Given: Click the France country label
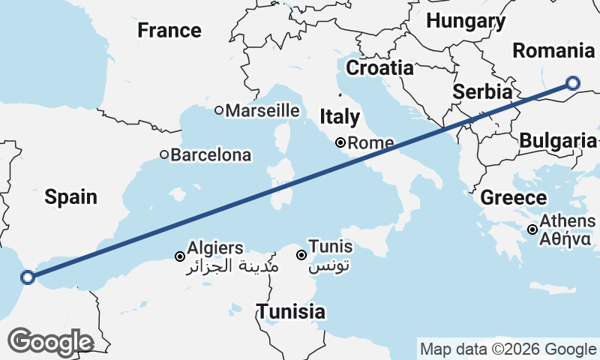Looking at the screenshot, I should (x=169, y=31).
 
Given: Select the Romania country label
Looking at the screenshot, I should (x=553, y=51).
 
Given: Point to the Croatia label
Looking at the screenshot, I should (x=379, y=67).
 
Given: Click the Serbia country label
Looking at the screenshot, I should (x=482, y=92).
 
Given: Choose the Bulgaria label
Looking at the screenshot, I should (x=557, y=140).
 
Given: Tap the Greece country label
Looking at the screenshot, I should (x=514, y=198).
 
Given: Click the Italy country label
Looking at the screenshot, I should (x=339, y=117).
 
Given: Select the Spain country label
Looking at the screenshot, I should (x=70, y=197).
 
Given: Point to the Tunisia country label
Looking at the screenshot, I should (x=291, y=312).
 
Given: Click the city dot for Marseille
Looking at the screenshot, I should (x=219, y=111).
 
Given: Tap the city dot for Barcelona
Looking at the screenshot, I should (x=164, y=155).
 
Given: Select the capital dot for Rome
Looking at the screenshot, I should (x=340, y=142).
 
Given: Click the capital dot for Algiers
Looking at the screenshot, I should (x=180, y=256).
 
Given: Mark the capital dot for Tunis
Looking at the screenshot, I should (x=301, y=255).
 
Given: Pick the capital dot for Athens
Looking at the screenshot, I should (x=532, y=229).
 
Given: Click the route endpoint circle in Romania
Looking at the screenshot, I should (x=573, y=83).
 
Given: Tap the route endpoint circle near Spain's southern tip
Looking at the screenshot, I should (x=28, y=277).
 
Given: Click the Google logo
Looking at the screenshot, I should (x=50, y=341).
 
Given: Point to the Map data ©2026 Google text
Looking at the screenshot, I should (x=508, y=349).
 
